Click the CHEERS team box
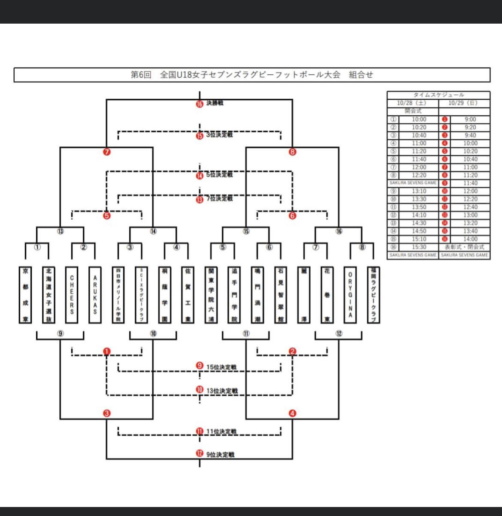pos(72,295)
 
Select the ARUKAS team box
pos(95,295)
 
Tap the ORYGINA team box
pos(350,295)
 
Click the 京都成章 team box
pos(25,295)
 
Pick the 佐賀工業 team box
pos(187,295)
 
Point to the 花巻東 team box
pos(327,295)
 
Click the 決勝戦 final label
pos(215,103)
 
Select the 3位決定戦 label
pos(219,135)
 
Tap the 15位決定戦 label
pos(221,367)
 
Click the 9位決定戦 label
pos(220,455)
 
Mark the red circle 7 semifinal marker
pos(107,152)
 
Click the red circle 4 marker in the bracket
pos(293,414)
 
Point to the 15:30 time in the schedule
pos(419,247)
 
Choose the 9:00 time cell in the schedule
pos(470,119)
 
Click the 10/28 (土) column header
pos(412,103)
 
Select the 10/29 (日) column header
pos(463,103)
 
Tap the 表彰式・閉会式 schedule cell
pos(464,247)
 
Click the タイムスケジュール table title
pos(438,95)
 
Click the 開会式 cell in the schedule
pos(413,111)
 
